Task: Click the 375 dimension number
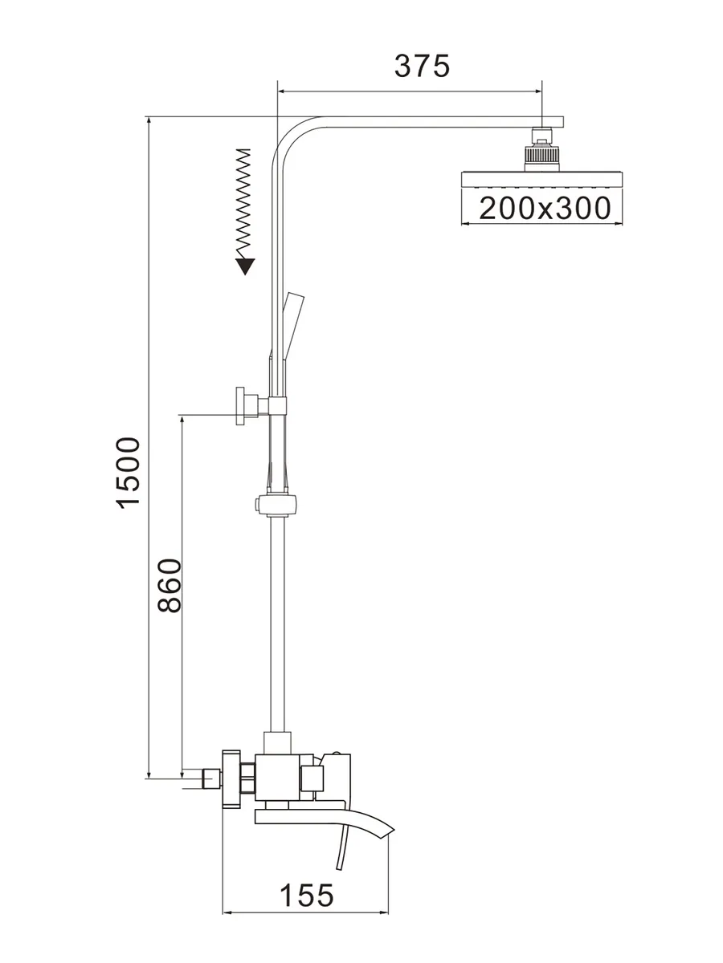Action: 422,67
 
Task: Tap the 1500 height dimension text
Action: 129,473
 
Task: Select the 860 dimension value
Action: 170,585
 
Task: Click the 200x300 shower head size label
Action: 545,208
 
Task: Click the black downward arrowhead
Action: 245,266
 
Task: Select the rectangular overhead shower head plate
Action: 542,179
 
